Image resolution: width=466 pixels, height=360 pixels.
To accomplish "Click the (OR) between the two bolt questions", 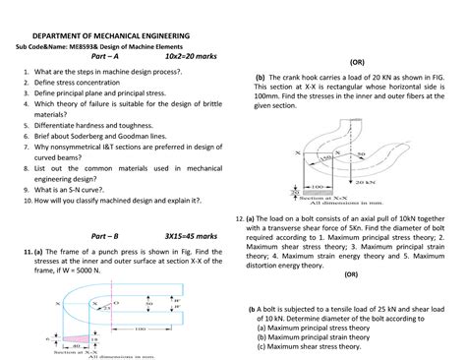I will click(x=351, y=275).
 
